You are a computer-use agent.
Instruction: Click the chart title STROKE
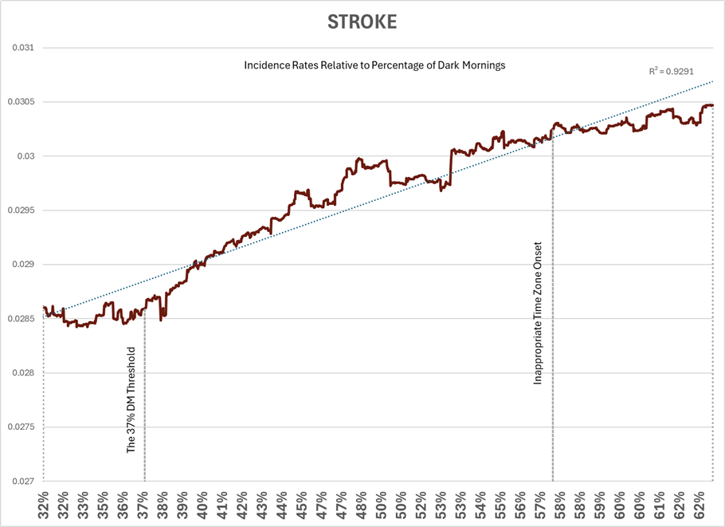click(362, 22)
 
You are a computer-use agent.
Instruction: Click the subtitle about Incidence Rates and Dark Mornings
click(374, 65)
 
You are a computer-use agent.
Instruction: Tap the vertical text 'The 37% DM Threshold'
click(132, 399)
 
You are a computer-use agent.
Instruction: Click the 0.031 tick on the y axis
click(23, 48)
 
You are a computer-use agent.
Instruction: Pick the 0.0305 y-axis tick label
click(22, 102)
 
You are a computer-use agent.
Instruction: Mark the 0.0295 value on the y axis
click(22, 210)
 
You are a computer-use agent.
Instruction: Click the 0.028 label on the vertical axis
click(23, 373)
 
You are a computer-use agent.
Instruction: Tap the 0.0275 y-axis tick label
click(22, 427)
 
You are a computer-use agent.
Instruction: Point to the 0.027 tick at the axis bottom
click(23, 482)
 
